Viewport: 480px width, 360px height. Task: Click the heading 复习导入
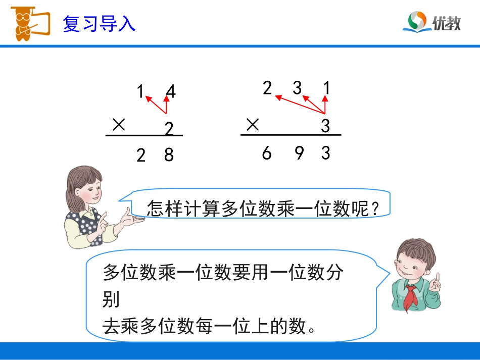(x=99, y=24)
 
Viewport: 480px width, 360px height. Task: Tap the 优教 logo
(x=434, y=22)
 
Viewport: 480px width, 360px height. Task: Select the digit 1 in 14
(x=140, y=92)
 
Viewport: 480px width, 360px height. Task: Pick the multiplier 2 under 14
(x=169, y=129)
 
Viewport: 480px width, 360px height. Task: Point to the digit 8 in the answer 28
(x=169, y=155)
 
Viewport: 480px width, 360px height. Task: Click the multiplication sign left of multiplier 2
(x=119, y=125)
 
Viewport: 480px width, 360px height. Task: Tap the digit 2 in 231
(x=267, y=88)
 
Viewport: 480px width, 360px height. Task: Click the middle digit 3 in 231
(x=297, y=88)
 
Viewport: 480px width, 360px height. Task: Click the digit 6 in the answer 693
(x=267, y=152)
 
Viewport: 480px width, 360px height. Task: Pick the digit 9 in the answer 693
(x=299, y=152)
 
